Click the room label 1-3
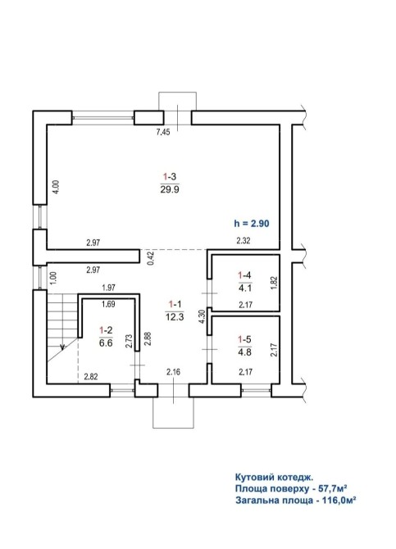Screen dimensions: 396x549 (x=170, y=176)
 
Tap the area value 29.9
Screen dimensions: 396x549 (x=170, y=189)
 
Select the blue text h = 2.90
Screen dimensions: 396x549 (x=252, y=223)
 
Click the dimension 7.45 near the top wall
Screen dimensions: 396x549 (x=163, y=132)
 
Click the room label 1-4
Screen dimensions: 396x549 (x=244, y=275)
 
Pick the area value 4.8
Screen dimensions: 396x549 (x=244, y=352)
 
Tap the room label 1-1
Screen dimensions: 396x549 (x=175, y=303)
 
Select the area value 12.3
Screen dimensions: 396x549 (x=175, y=317)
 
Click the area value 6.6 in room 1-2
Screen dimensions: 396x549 (x=106, y=343)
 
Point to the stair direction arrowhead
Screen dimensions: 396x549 (x=63, y=347)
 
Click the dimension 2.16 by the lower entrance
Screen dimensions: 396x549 (x=174, y=372)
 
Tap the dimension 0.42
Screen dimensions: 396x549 (x=150, y=258)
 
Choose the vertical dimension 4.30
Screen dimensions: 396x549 (x=202, y=317)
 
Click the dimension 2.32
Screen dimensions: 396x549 (x=244, y=241)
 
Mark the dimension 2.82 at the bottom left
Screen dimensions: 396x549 (x=91, y=376)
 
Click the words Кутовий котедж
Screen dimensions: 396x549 (x=274, y=477)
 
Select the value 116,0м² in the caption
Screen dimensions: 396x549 (x=337, y=500)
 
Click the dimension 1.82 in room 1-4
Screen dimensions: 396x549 (x=274, y=284)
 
